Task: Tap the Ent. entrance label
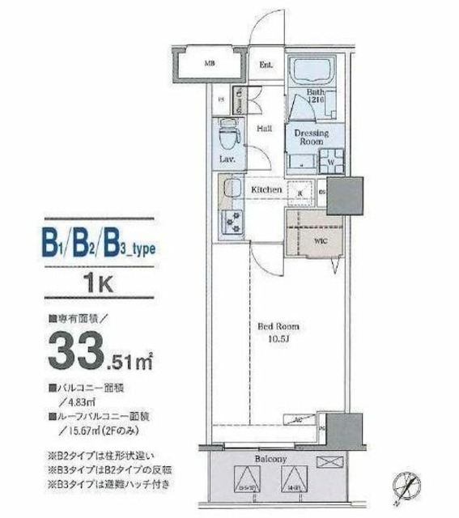266,65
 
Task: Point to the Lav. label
227,159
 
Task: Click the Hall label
264,129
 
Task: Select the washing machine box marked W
332,159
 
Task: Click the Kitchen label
266,189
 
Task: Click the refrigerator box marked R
300,192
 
